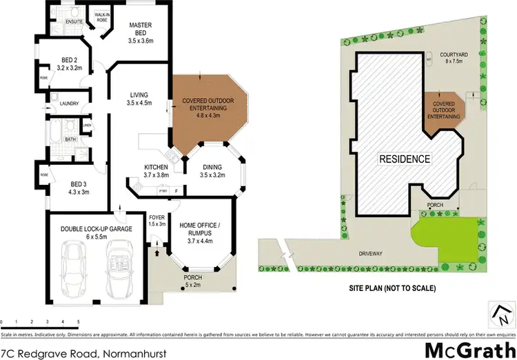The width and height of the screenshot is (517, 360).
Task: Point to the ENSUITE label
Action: tap(74, 22)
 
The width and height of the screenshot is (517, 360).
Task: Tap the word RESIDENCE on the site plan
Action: tap(405, 159)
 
